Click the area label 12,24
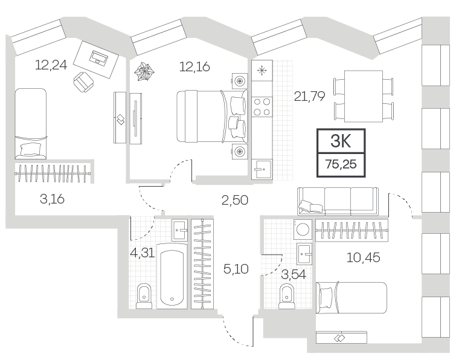point(51,65)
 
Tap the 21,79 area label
point(309,96)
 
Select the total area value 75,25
point(341,164)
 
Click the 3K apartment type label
point(341,141)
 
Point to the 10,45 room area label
point(363,257)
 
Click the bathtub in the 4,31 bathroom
point(172,275)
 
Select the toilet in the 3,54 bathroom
point(287,297)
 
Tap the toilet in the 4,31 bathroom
point(144,296)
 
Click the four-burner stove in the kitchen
point(262,107)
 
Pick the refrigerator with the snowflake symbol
point(262,71)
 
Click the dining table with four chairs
point(363,96)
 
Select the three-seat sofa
point(338,201)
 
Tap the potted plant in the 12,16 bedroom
point(144,71)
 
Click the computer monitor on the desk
point(99,57)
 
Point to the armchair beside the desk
point(84,82)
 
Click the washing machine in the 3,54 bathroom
point(303,229)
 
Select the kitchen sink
point(262,169)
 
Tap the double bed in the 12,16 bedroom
point(212,116)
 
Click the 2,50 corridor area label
point(235,200)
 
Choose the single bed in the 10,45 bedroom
point(352,298)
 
